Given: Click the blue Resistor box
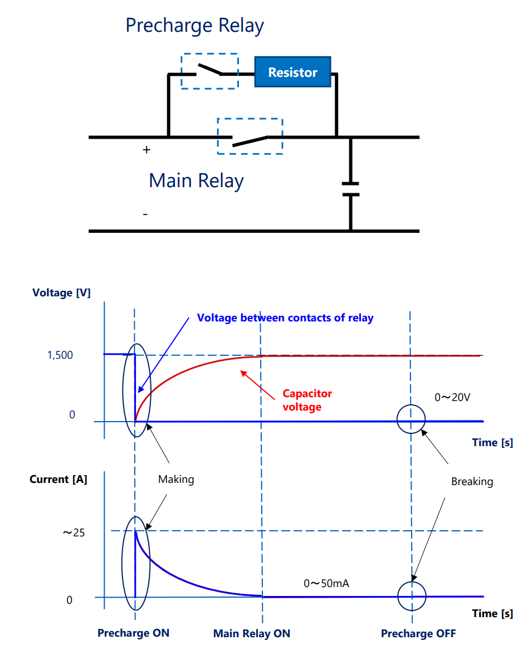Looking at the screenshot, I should click(x=292, y=72).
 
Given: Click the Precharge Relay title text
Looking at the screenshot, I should click(x=194, y=26).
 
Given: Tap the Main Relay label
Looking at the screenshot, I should click(x=196, y=180).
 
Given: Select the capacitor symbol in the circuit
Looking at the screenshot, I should click(x=350, y=189).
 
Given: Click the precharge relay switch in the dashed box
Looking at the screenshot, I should click(x=210, y=70).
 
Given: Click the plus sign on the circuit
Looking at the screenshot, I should click(x=146, y=150).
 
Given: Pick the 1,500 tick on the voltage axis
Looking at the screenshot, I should click(x=60, y=355).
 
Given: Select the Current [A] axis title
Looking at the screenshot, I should click(x=58, y=479).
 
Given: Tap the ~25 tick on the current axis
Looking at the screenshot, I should click(x=74, y=532).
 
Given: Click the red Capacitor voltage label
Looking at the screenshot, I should click(x=307, y=400).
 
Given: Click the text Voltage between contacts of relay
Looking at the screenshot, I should click(x=285, y=318).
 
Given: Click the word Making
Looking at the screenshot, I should click(x=176, y=479).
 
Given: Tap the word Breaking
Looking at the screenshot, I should click(x=472, y=481).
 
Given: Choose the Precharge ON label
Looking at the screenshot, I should click(x=133, y=633).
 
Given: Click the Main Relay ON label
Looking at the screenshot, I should click(x=252, y=634).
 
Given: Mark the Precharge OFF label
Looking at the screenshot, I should click(x=418, y=634).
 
